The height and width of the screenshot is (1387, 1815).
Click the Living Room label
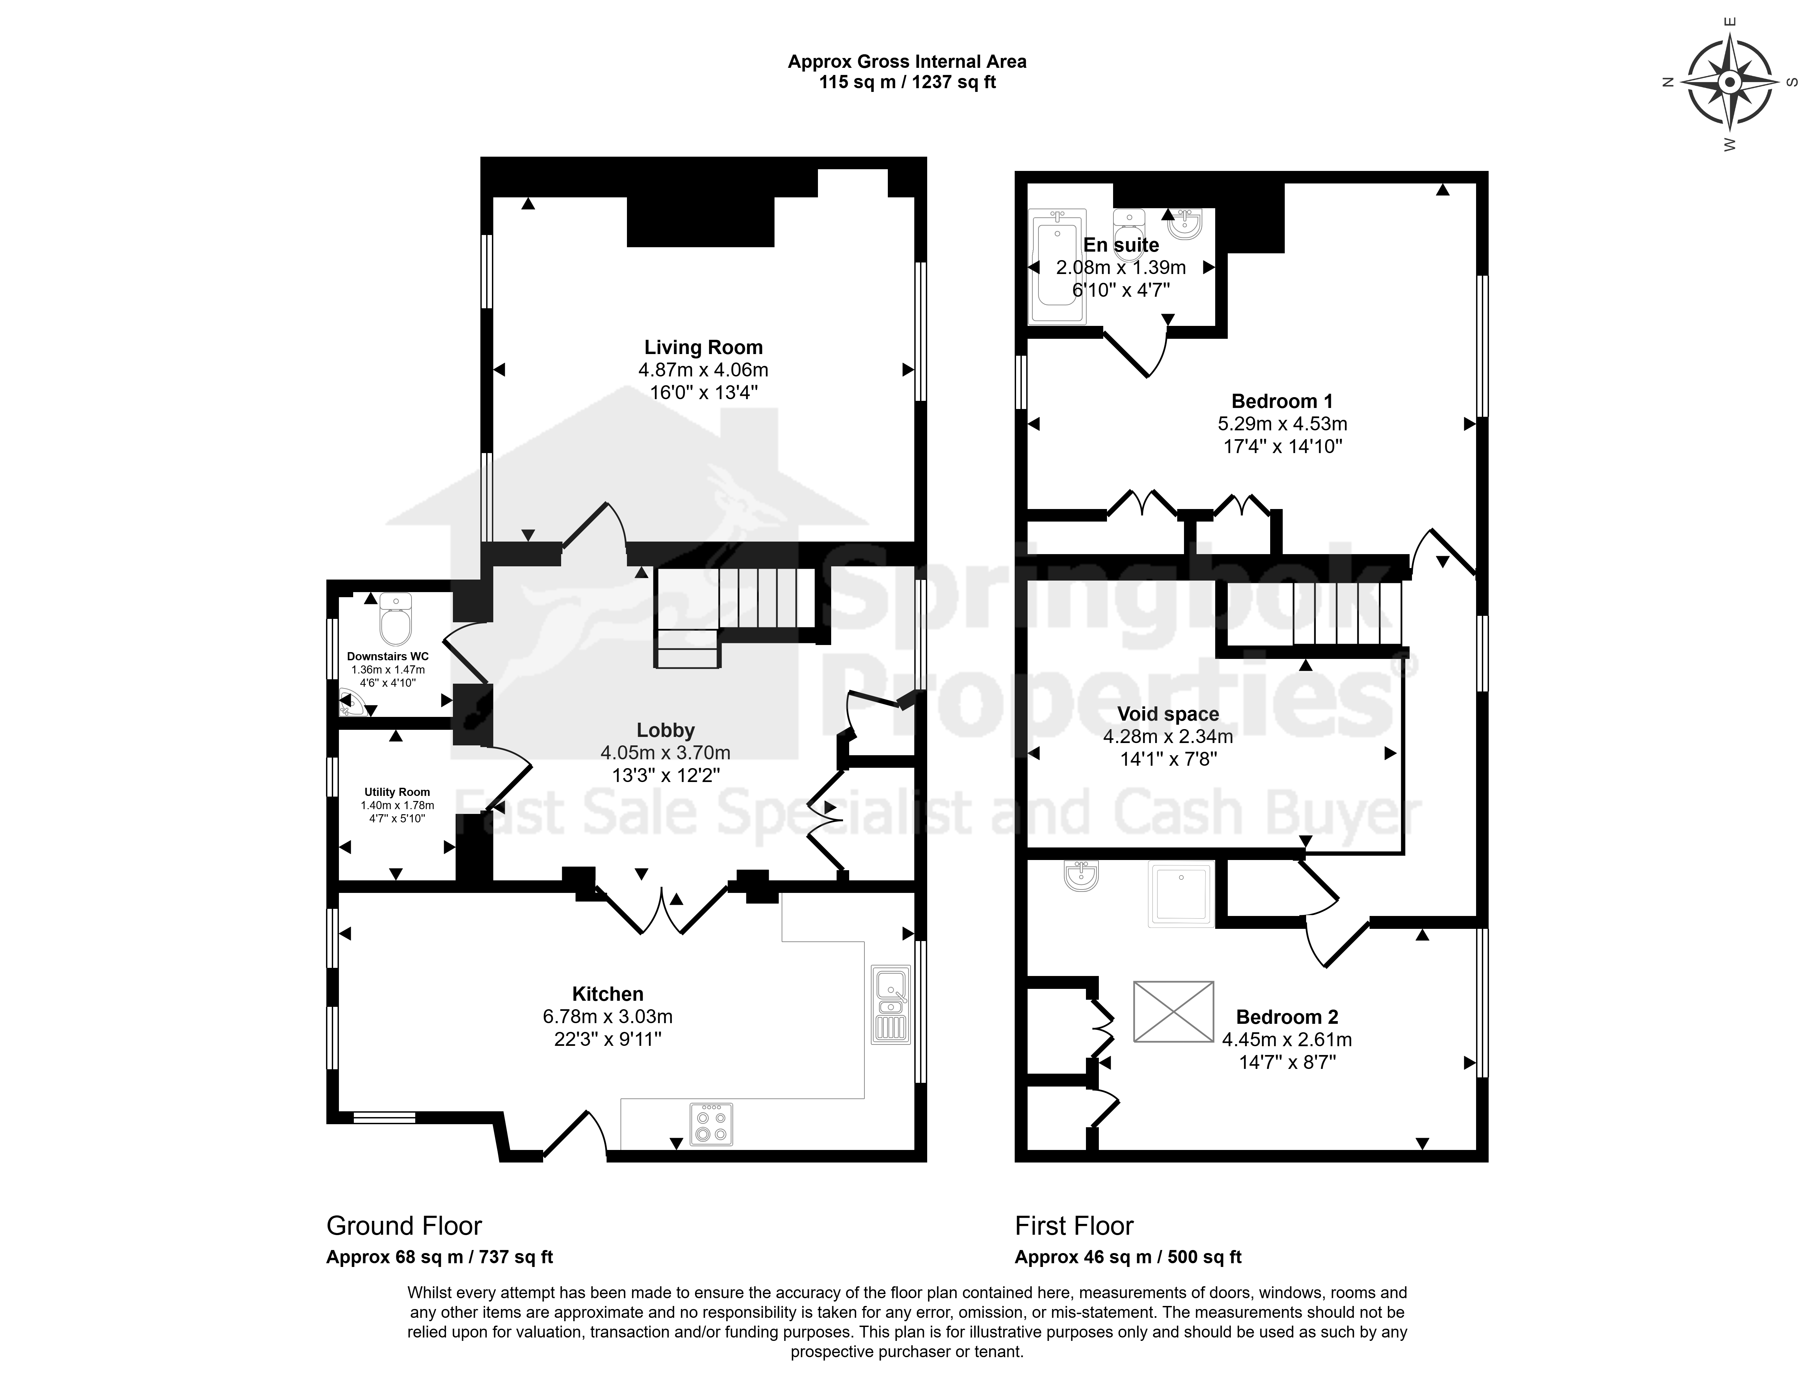pyautogui.click(x=704, y=348)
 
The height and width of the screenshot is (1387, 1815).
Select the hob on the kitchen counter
pyautogui.click(x=711, y=1124)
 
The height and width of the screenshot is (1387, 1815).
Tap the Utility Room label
pyautogui.click(x=397, y=792)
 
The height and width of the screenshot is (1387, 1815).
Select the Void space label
pyautogui.click(x=1168, y=714)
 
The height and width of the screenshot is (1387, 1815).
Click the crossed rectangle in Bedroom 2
pyautogui.click(x=1173, y=1011)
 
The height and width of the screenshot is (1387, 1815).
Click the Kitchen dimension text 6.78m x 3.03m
pyautogui.click(x=608, y=1017)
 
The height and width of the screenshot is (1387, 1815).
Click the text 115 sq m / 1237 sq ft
pyautogui.click(x=907, y=82)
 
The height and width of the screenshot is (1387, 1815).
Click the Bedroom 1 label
pyautogui.click(x=1282, y=401)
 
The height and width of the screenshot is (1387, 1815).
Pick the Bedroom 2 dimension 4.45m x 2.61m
pyautogui.click(x=1287, y=1039)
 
